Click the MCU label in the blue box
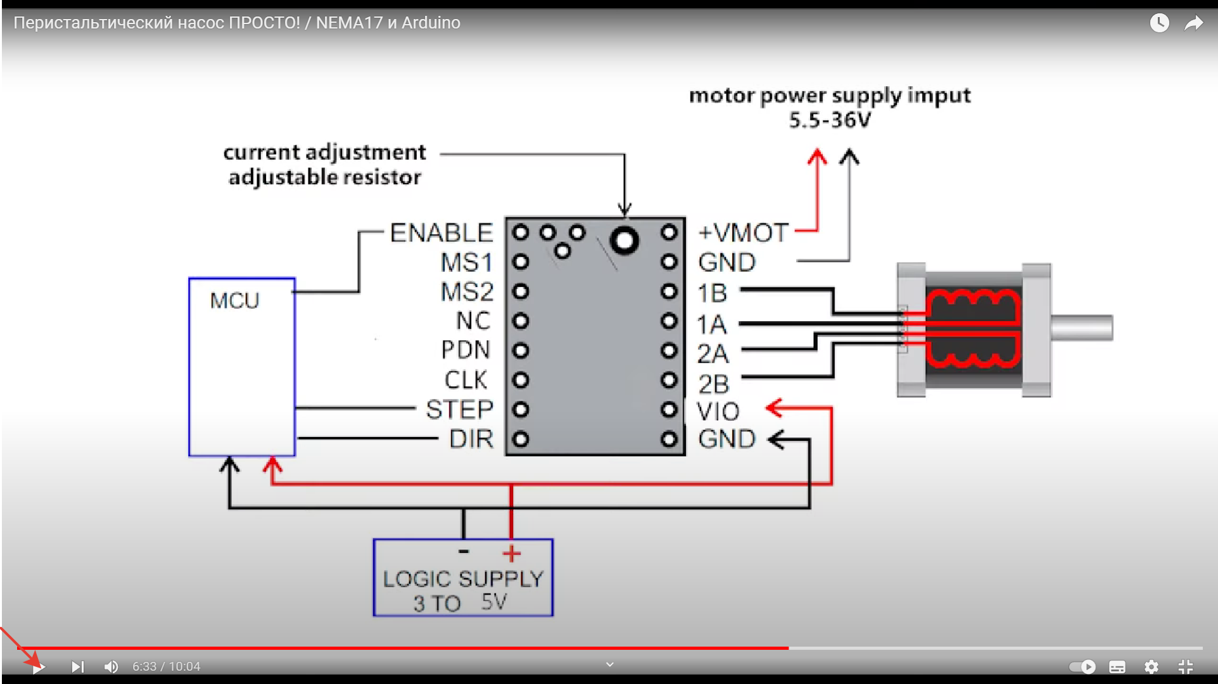(x=234, y=300)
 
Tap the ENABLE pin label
(x=441, y=233)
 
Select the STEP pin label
(x=459, y=410)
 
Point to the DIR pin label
(x=471, y=439)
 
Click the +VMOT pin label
(x=743, y=233)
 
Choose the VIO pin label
(x=718, y=412)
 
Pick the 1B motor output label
(x=712, y=293)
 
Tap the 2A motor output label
(x=713, y=354)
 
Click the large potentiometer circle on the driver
(x=625, y=241)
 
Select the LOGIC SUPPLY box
(x=463, y=578)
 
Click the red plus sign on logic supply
(x=512, y=554)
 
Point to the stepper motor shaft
(x=1082, y=327)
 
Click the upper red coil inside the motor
(x=972, y=305)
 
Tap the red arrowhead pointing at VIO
(x=775, y=407)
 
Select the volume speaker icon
(x=111, y=667)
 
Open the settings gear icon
(x=1151, y=667)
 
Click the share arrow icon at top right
(x=1193, y=23)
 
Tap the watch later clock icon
(x=1159, y=23)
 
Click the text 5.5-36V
(x=830, y=120)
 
